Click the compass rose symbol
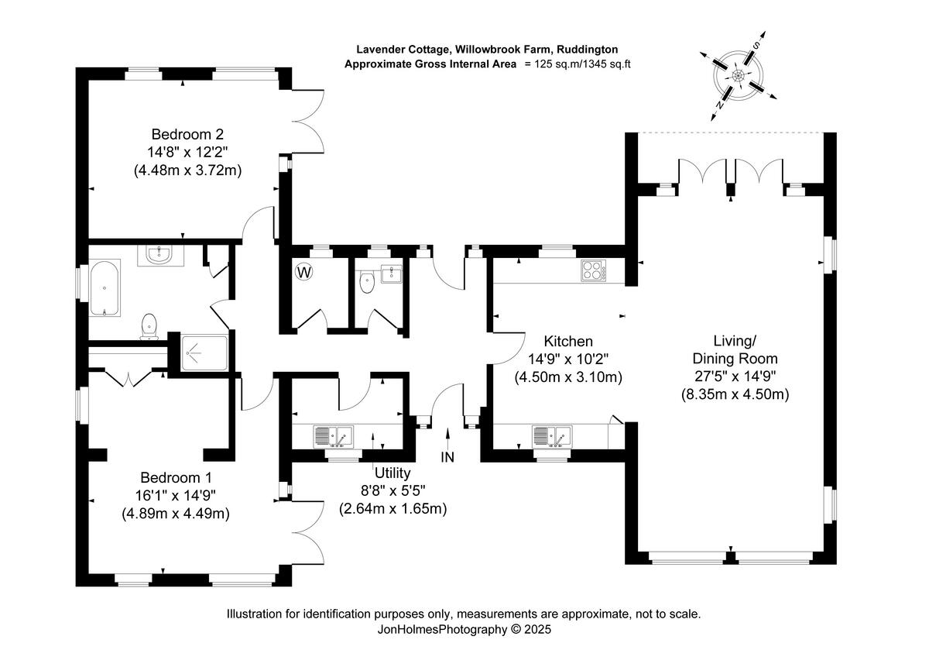point(738,76)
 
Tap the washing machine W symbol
point(303,272)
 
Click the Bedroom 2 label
point(187,132)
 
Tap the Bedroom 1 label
point(176,477)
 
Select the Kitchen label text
point(568,341)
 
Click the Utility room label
point(392,473)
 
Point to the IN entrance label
point(447,457)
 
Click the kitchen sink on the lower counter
point(551,436)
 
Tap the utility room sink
point(333,436)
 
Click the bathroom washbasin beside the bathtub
point(161,255)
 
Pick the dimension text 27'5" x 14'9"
point(734,377)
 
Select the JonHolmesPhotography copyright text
point(464,630)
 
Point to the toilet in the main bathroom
point(149,327)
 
